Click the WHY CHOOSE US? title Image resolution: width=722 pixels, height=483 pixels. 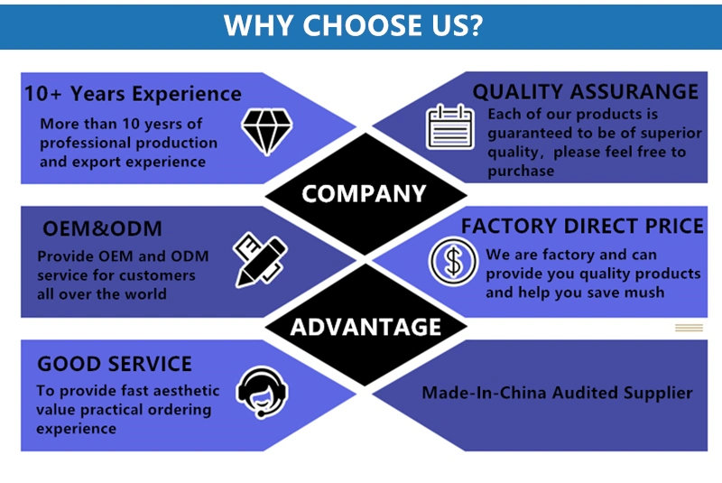point(353,25)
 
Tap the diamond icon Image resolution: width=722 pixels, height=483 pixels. point(264,132)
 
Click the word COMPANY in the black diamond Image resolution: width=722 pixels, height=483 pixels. point(363,193)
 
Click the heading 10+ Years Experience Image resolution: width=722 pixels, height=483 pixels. point(133,94)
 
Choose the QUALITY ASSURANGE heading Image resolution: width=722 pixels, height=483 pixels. point(586,91)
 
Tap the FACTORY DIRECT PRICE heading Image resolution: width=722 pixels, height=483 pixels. point(582,226)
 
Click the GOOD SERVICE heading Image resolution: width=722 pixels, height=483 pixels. point(115,364)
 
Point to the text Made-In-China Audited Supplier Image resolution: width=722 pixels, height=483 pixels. point(557,393)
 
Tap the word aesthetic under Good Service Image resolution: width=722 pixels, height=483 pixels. point(176,390)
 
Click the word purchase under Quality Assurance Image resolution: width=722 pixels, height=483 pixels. point(522,171)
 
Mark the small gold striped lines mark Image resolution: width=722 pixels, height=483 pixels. point(689,328)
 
